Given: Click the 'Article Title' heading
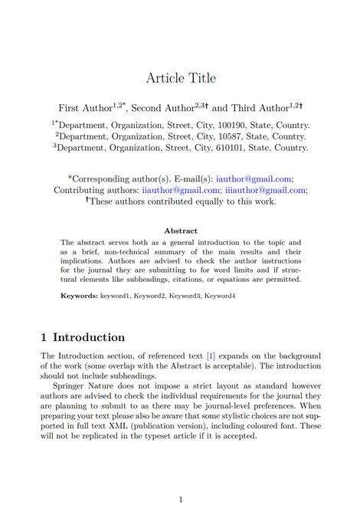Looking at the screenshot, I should [x=181, y=78].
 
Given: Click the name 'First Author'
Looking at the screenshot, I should [x=85, y=108].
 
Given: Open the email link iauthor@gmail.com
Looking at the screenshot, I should [x=253, y=178].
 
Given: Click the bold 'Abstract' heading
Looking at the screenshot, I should [x=181, y=231].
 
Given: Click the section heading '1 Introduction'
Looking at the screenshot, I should [x=83, y=338].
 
